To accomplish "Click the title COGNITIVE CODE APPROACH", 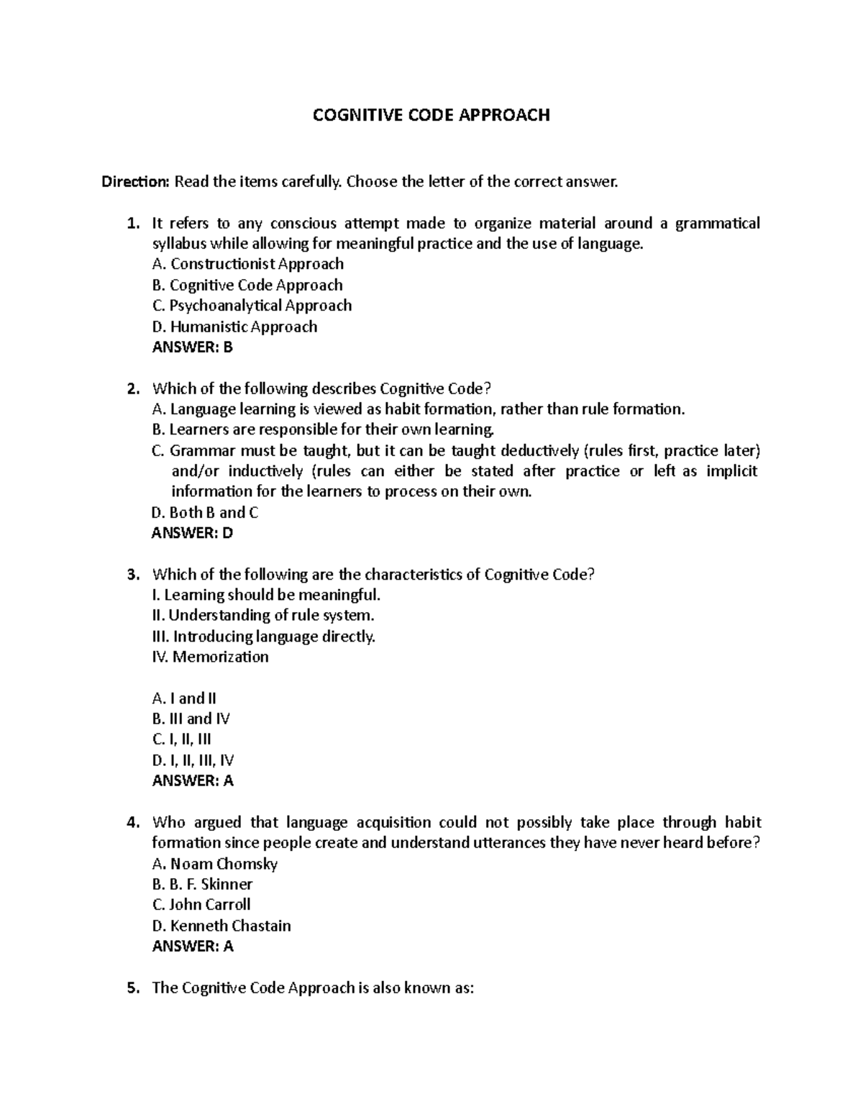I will pos(431,115).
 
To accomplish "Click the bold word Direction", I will pos(134,182).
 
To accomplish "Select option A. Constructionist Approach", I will pos(248,264).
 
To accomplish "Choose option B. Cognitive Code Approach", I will pos(247,285).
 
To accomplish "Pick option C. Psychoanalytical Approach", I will pos(252,306).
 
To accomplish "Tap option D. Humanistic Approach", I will pos(234,327).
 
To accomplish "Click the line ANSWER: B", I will pos(193,347).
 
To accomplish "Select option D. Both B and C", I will pos(205,513).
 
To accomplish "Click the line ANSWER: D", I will pos(193,533).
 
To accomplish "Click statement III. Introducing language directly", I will pos(264,637).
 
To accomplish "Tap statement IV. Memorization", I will pos(211,657).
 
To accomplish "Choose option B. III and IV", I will pos(191,719).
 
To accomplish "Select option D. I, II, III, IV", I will pos(193,760).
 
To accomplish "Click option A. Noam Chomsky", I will pos(215,864).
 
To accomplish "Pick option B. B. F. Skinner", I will pos(203,884).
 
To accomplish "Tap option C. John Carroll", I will pos(201,905).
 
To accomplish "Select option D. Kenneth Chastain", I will pos(222,926).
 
